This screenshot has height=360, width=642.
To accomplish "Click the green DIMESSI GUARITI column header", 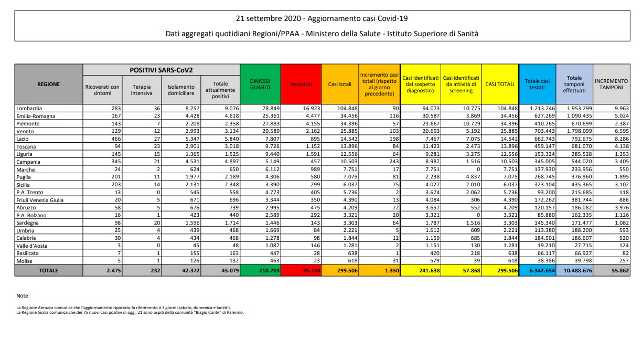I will [260, 84].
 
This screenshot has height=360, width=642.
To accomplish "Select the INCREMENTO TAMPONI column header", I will [611, 84].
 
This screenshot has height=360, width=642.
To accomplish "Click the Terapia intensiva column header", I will [142, 90].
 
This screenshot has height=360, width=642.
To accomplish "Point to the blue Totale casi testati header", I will [537, 84].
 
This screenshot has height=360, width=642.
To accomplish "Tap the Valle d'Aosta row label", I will [32, 245].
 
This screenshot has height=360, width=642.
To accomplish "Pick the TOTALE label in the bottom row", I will [48, 270].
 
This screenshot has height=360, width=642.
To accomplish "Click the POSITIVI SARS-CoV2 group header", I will [161, 70].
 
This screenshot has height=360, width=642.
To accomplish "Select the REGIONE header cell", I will [48, 84].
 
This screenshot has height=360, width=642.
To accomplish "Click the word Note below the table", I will [23, 296].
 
